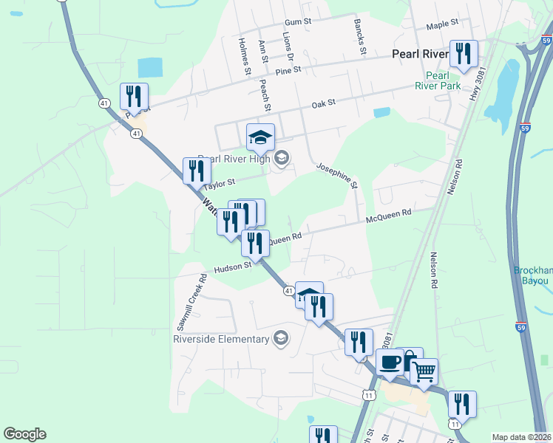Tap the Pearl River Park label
[x=443, y=80]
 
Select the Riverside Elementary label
[x=220, y=339]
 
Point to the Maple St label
[x=443, y=24]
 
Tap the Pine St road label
[x=288, y=70]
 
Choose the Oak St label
[x=323, y=103]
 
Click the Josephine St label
[x=337, y=175]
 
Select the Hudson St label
[x=233, y=269]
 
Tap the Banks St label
[x=360, y=36]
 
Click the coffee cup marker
[x=390, y=363]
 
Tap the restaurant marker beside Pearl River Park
[x=463, y=53]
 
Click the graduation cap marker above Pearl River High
[x=259, y=137]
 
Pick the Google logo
[x=24, y=434]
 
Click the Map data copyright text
[x=521, y=437]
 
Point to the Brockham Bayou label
[x=532, y=275]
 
